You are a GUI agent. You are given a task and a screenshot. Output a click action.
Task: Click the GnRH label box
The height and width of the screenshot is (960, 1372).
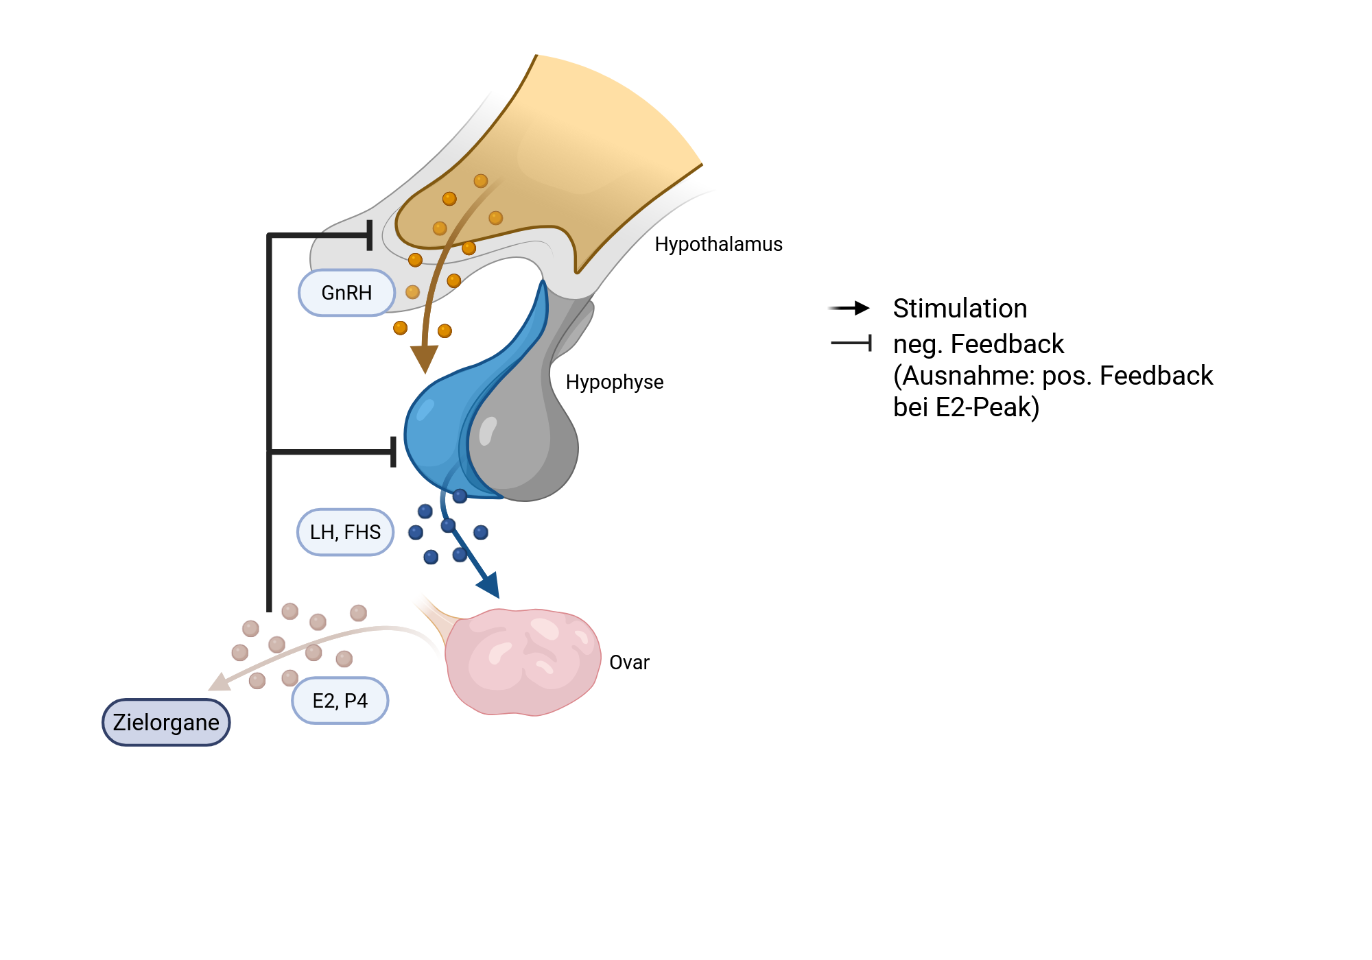(346, 293)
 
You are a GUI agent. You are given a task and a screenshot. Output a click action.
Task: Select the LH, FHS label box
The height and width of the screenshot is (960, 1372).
(345, 532)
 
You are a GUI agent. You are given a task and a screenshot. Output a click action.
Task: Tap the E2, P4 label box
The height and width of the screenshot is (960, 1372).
(340, 701)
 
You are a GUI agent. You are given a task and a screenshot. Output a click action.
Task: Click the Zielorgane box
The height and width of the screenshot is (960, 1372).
(166, 722)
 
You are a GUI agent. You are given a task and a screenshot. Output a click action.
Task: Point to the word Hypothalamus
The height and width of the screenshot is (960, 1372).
(718, 244)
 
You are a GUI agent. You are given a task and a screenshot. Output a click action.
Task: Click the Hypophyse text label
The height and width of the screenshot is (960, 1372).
(615, 382)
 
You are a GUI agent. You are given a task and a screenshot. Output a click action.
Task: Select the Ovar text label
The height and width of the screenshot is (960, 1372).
(629, 662)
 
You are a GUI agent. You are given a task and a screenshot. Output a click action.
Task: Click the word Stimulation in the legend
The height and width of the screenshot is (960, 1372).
(960, 309)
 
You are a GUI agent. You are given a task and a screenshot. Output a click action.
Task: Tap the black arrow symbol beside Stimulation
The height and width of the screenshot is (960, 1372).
(849, 308)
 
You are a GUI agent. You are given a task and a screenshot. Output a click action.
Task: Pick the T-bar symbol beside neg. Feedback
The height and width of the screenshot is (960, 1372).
(851, 342)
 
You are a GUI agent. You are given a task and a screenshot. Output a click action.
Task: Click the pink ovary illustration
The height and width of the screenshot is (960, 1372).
(523, 662)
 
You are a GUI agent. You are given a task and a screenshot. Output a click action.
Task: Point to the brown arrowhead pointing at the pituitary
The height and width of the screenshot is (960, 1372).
(425, 357)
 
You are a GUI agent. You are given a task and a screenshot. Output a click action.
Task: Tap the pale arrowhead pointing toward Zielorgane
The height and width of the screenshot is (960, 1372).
(220, 682)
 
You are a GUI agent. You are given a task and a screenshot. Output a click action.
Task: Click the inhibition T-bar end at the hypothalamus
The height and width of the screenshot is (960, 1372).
(370, 235)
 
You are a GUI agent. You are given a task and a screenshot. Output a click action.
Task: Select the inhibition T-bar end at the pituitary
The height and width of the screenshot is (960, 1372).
(393, 451)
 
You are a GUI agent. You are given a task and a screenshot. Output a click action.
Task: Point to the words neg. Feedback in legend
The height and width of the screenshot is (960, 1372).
(978, 344)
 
